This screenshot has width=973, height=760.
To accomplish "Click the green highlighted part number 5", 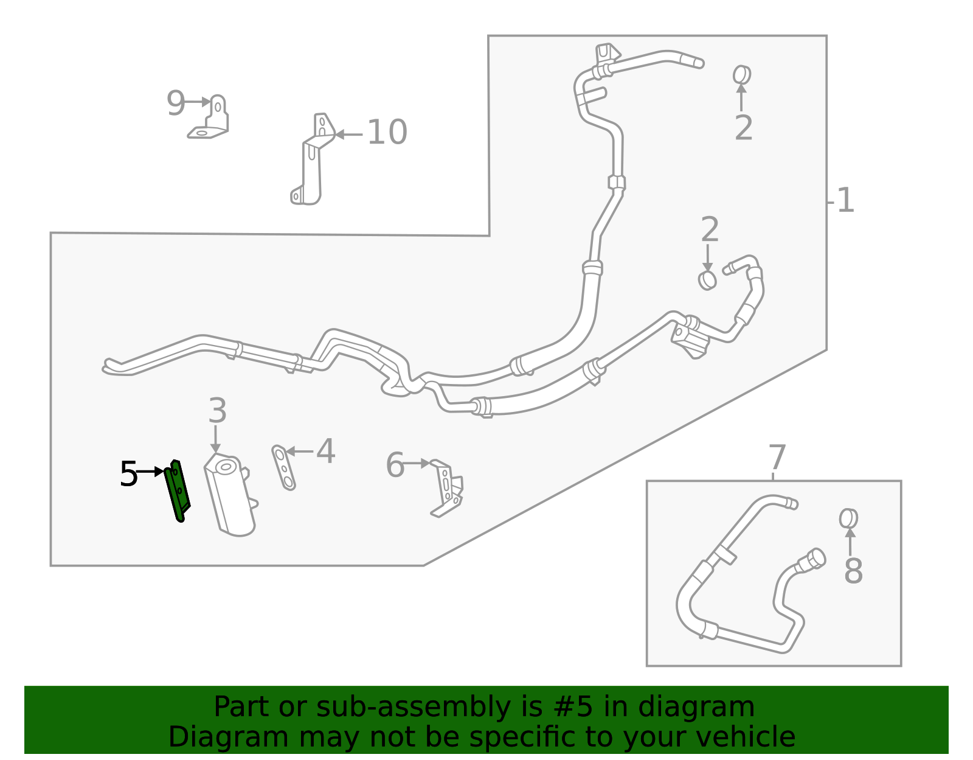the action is tap(178, 491).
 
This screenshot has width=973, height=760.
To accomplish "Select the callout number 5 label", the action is tap(128, 474).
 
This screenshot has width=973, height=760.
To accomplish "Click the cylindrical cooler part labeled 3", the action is tap(230, 495).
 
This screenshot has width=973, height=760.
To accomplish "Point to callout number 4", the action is tap(325, 451).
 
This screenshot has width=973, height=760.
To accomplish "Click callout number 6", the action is tap(395, 465).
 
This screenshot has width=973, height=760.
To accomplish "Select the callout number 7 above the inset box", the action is tap(777, 457).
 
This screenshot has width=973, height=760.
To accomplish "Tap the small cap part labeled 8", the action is tap(848, 519).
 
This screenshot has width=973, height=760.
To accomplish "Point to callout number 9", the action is tap(176, 103).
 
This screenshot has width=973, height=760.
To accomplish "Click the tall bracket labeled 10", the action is tap(312, 159).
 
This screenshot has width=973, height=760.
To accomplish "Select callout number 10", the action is tap(387, 132).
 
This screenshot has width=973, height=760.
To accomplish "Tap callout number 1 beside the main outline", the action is tap(845, 200).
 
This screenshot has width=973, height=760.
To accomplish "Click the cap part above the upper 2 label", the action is tap(742, 75).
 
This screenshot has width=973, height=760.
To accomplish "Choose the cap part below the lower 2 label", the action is tap(707, 281).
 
